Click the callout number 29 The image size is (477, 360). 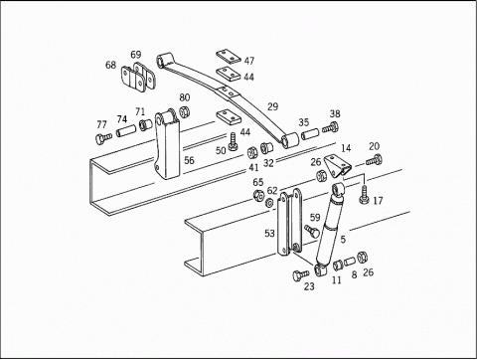point(272,106)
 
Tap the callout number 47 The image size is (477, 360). point(248,61)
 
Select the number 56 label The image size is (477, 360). point(188,160)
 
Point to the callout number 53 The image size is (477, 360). point(269,234)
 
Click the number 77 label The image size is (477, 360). point(101,124)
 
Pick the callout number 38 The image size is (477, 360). point(335,114)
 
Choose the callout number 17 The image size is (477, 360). point(378,200)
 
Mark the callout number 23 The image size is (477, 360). point(309,287)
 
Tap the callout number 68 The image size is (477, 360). point(110,66)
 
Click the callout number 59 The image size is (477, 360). point(315,217)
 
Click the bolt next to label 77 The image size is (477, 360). point(101,137)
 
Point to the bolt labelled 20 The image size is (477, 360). point(374,159)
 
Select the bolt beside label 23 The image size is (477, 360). point(299,272)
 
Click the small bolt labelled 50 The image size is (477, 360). point(233,146)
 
